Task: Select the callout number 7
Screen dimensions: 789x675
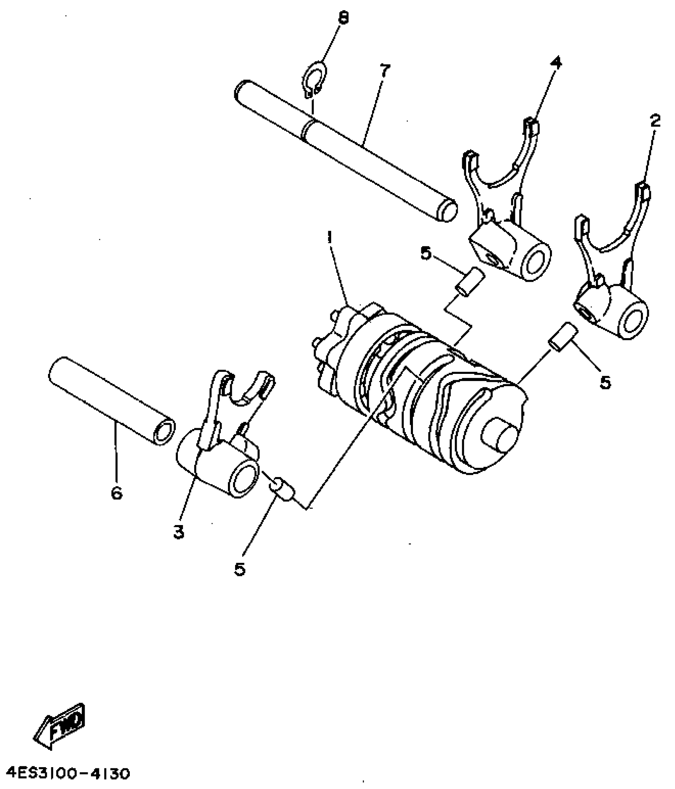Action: click(385, 71)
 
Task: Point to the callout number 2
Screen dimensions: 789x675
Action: click(654, 120)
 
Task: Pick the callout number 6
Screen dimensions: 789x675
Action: click(116, 493)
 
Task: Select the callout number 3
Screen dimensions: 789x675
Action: click(179, 532)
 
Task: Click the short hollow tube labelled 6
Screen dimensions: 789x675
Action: click(111, 397)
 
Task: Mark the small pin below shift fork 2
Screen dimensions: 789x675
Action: click(563, 337)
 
